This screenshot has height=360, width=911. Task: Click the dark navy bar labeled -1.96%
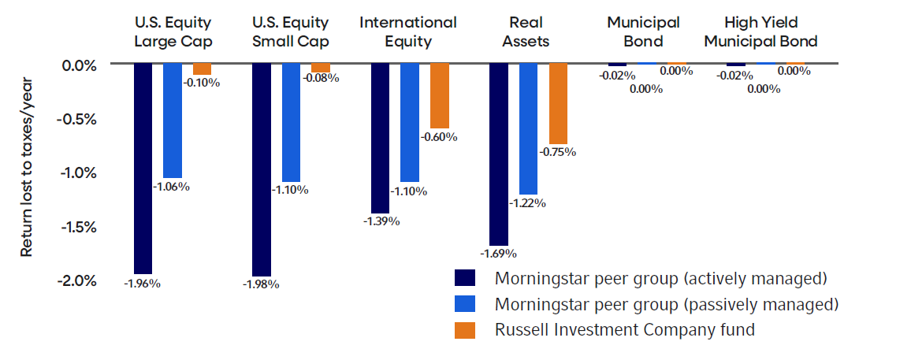[x=143, y=169]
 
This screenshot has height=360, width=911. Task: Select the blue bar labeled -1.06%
[x=173, y=121]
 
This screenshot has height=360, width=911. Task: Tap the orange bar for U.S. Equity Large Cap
[x=203, y=69]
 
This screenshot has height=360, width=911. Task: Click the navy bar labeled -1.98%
[x=262, y=169]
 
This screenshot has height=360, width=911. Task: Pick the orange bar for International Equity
[x=439, y=96]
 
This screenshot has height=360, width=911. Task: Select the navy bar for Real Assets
[x=499, y=154]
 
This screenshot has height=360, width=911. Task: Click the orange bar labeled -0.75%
[x=558, y=103]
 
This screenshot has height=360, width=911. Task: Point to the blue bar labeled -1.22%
[x=528, y=129]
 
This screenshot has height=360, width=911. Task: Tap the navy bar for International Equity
[x=380, y=138]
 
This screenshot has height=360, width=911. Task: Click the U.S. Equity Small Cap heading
[x=291, y=32]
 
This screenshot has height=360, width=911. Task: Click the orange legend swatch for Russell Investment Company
[x=465, y=330]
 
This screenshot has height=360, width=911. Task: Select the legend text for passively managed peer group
[x=667, y=304]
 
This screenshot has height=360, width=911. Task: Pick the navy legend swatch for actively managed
[x=465, y=278]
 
